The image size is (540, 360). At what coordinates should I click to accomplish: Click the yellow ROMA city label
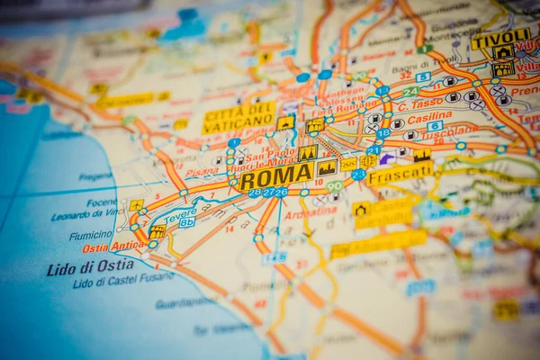click(x=276, y=175)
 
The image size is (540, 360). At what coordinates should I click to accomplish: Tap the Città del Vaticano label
click(x=238, y=118)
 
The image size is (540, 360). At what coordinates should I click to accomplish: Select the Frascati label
click(x=400, y=173)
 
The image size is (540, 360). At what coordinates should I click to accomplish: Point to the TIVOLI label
click(x=499, y=39)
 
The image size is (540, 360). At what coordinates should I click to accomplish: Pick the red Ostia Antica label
click(x=112, y=247)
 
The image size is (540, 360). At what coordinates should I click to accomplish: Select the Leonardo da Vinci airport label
click(x=84, y=216)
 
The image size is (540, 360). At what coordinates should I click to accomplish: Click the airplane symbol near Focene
click(x=136, y=205)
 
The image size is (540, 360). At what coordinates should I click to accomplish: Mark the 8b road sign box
click(x=186, y=222)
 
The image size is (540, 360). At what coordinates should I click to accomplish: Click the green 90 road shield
click(x=335, y=186)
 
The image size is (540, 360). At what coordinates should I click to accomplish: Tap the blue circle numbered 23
click(x=358, y=175)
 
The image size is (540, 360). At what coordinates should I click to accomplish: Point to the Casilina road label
click(x=430, y=117)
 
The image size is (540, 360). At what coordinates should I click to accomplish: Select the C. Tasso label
click(x=420, y=104)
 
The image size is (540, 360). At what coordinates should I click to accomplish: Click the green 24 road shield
click(x=410, y=92)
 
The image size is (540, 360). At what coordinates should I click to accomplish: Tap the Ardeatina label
click(x=310, y=212)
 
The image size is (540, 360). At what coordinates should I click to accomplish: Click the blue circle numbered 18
click(x=383, y=133)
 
